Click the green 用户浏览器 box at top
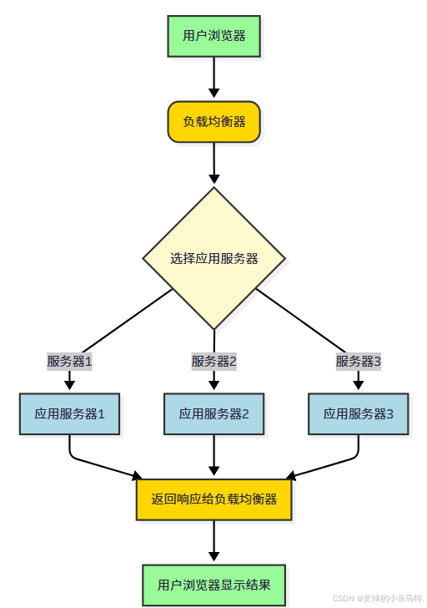click(x=214, y=37)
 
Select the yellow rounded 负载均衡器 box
click(x=214, y=122)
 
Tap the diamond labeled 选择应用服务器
click(x=214, y=258)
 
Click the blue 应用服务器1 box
click(x=70, y=413)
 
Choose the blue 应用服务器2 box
click(x=214, y=413)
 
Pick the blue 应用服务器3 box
click(x=359, y=413)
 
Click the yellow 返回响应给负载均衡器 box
click(x=214, y=499)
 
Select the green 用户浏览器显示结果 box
click(x=214, y=584)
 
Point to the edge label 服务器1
click(x=69, y=362)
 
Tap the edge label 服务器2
click(x=214, y=362)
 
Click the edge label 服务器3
click(x=359, y=362)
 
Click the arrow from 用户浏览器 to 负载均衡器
click(x=214, y=79)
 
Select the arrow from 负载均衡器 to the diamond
click(x=214, y=164)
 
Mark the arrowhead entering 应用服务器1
click(x=70, y=384)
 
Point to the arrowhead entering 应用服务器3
click(x=359, y=384)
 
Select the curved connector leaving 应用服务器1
click(x=92, y=461)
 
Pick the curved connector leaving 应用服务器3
click(x=338, y=461)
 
